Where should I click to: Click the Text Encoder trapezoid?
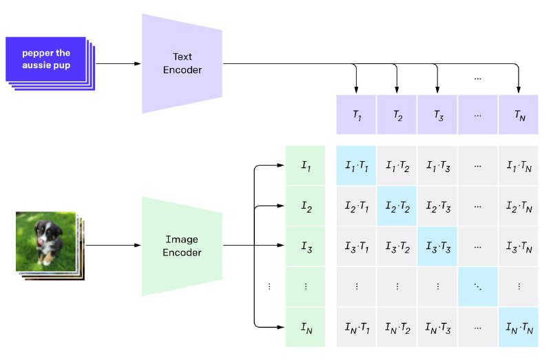(x=182, y=63)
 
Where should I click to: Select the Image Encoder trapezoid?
(x=182, y=246)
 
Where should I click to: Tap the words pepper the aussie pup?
(x=46, y=59)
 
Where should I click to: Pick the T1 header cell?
(x=356, y=114)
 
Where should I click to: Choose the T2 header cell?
(x=397, y=114)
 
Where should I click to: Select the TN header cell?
(x=519, y=114)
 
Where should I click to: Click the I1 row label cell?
(x=305, y=165)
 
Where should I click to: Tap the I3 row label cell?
(x=305, y=246)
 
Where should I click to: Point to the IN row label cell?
(x=305, y=328)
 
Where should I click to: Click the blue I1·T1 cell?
(x=356, y=165)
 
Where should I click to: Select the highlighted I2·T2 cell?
(x=397, y=206)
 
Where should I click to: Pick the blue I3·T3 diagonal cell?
(x=437, y=246)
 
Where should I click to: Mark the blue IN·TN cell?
(x=519, y=328)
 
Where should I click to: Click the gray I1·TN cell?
(x=519, y=165)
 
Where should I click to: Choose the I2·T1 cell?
(x=356, y=206)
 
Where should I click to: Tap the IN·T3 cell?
(x=437, y=328)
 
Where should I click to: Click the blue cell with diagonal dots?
(x=478, y=286)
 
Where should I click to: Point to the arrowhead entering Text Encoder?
(x=138, y=63)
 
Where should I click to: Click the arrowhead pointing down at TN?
(x=519, y=90)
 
